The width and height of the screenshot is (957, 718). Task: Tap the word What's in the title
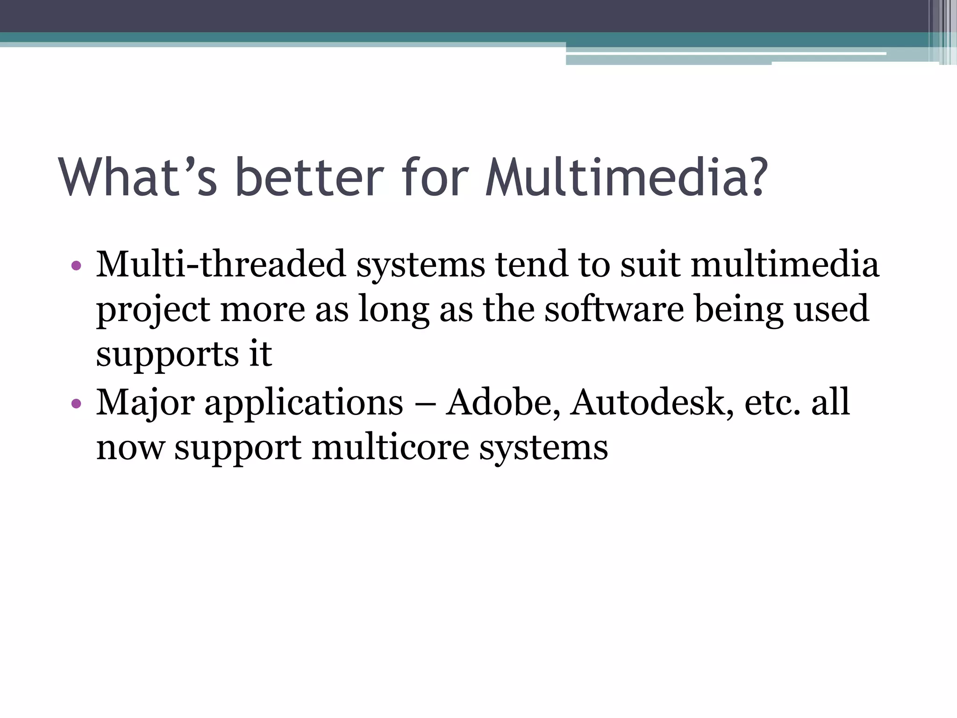[x=138, y=178]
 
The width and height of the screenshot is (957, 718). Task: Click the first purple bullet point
[x=77, y=266]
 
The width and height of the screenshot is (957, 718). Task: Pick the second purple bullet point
[x=77, y=403]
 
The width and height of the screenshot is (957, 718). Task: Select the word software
[x=614, y=309]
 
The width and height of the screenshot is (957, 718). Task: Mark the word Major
[x=145, y=403]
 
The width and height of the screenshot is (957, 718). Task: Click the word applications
[x=304, y=403]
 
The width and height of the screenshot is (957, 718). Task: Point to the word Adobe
[x=503, y=402]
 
